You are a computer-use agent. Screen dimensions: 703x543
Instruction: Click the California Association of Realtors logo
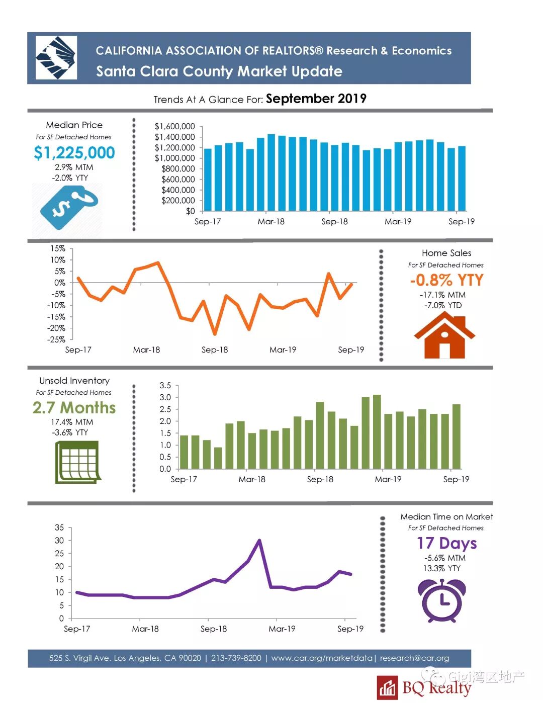point(56,57)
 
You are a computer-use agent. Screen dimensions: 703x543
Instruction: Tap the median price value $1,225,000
point(74,152)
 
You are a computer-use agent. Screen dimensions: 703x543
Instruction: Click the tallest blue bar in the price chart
point(271,172)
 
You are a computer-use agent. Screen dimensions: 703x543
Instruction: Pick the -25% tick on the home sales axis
point(56,339)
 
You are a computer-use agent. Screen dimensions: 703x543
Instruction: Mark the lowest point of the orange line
point(215,334)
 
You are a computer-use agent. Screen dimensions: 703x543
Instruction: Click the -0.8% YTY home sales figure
point(446,280)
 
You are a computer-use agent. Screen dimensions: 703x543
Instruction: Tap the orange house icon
point(444,335)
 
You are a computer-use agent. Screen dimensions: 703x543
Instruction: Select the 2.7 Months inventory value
point(74,407)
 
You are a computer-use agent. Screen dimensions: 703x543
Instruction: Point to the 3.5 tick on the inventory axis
point(165,386)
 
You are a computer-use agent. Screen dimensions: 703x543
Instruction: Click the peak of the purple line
point(259,541)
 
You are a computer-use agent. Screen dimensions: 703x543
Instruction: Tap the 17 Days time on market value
point(446,543)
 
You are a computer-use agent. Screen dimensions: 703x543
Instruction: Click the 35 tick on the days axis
point(59,528)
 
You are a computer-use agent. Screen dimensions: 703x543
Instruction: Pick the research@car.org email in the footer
point(414,658)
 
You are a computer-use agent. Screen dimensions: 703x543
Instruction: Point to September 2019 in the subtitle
point(316,99)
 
